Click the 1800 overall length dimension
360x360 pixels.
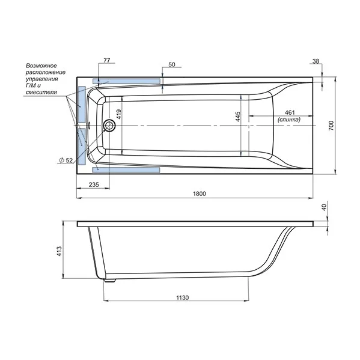200,194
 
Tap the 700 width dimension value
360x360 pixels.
331,126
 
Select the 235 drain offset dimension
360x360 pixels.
94,185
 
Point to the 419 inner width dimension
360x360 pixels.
119,114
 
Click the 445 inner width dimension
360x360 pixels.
237,117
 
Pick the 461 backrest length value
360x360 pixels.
290,112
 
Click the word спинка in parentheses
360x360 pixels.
289,120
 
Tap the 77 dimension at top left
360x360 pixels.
107,60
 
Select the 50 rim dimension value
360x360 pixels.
172,65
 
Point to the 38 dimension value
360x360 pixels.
316,61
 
